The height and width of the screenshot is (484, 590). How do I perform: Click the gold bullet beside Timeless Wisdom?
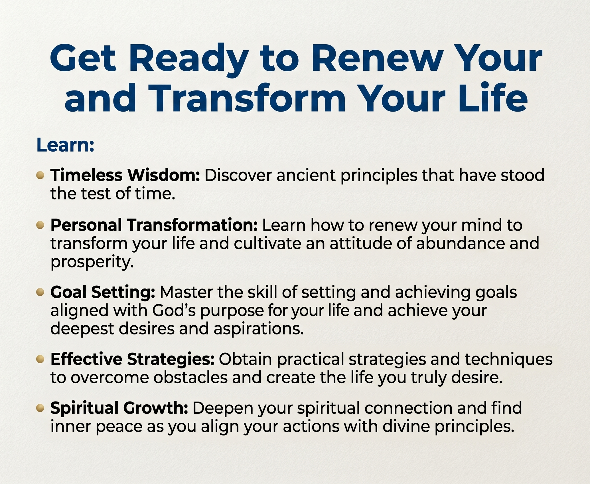click(40, 175)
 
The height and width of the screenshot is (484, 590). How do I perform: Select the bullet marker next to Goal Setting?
click(40, 292)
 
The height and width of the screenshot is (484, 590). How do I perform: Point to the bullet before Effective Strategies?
click(40, 359)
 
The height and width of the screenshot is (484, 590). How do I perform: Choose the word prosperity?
click(92, 262)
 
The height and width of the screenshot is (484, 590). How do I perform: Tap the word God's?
click(174, 310)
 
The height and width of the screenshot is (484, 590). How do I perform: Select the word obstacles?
click(190, 377)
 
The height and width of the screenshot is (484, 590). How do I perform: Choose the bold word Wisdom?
click(164, 175)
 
